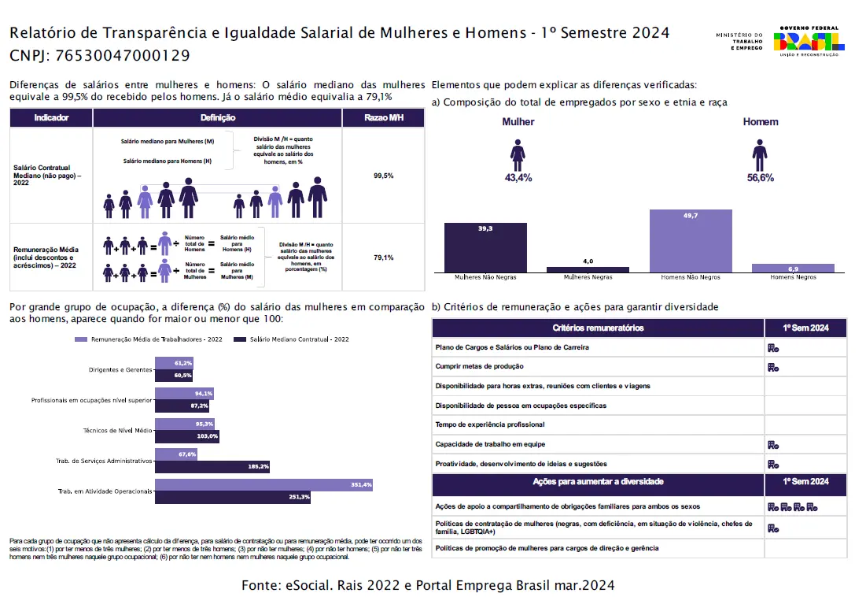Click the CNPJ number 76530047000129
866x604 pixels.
click(x=123, y=56)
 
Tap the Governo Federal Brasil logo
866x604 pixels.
click(x=809, y=40)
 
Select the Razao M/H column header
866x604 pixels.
click(x=384, y=118)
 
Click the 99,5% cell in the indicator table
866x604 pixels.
click(x=384, y=176)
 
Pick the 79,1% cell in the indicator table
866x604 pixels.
click(x=384, y=258)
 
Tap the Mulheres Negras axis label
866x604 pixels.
click(x=588, y=277)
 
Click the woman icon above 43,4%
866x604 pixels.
click(x=518, y=155)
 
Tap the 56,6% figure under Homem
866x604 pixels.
click(x=760, y=178)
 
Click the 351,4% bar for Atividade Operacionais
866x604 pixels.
click(x=263, y=485)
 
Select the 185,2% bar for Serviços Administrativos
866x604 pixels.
click(x=212, y=467)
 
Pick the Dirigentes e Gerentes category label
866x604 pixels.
click(x=120, y=369)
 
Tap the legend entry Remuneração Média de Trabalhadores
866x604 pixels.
click(x=148, y=339)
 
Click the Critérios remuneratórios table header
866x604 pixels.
click(x=598, y=328)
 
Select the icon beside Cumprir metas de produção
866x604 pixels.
click(x=773, y=367)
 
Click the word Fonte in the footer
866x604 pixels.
click(x=261, y=586)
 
